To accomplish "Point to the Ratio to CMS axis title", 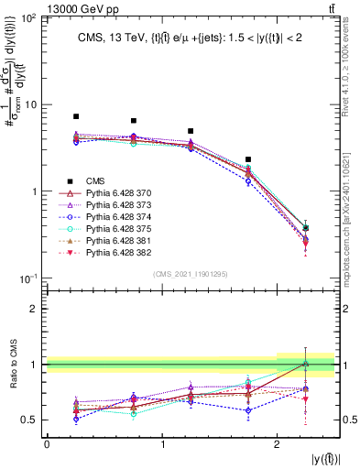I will coord(11,364).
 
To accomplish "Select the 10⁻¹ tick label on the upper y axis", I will coord(27,278).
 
